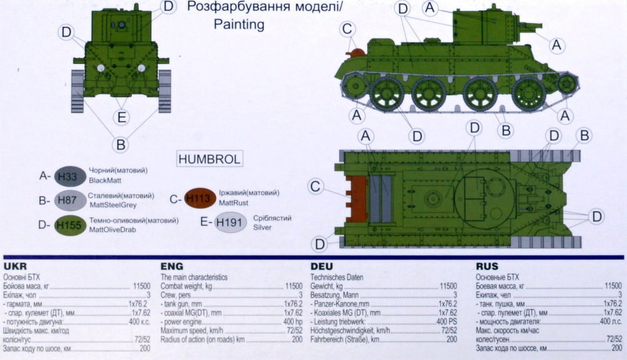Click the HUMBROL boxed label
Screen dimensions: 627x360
[209, 159]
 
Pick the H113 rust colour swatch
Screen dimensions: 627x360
[200, 198]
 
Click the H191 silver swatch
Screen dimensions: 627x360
[230, 223]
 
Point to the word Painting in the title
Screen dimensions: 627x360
[239, 24]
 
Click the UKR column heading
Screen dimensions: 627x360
[15, 267]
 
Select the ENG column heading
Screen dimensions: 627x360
[172, 267]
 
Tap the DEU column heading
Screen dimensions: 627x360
[322, 267]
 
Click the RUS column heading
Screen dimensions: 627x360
[487, 267]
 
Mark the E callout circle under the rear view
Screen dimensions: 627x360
[122, 118]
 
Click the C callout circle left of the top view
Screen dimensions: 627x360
[315, 186]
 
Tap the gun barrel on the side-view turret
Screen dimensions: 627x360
[530, 26]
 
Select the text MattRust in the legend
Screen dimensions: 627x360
[233, 203]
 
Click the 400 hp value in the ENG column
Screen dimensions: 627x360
[293, 322]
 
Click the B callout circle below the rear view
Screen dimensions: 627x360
[121, 144]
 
